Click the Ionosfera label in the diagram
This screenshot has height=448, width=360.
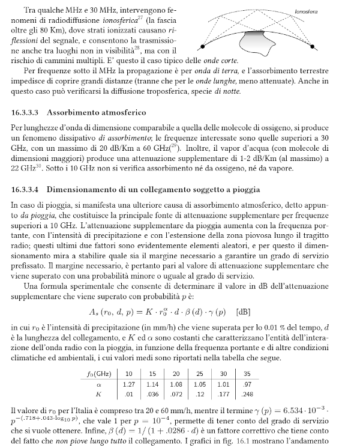point(307,11)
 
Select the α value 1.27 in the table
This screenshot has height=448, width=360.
point(128,384)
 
